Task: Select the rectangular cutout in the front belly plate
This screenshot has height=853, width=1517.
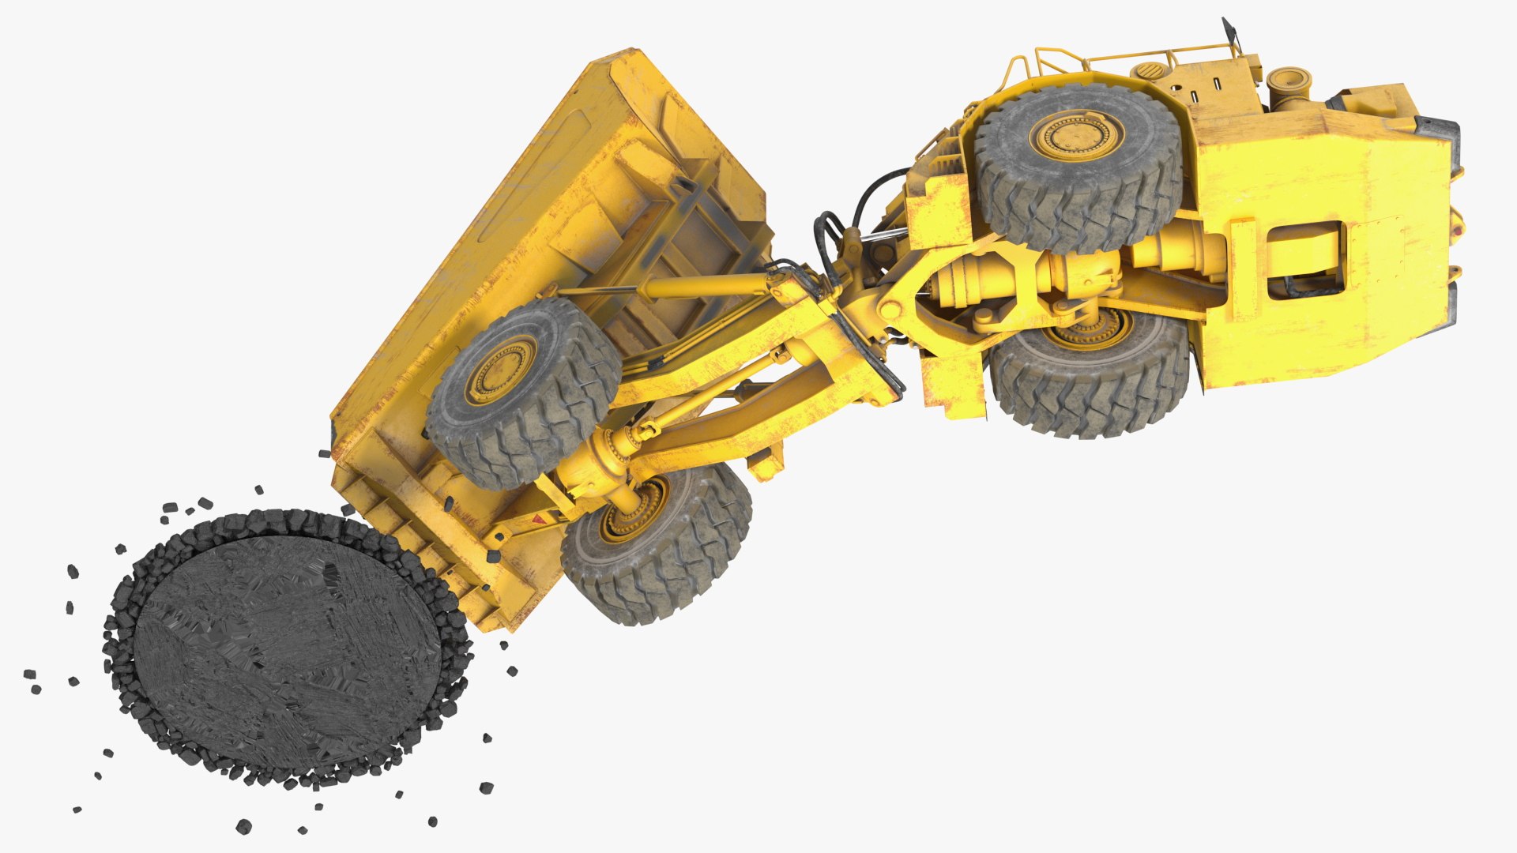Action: coord(1305,259)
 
